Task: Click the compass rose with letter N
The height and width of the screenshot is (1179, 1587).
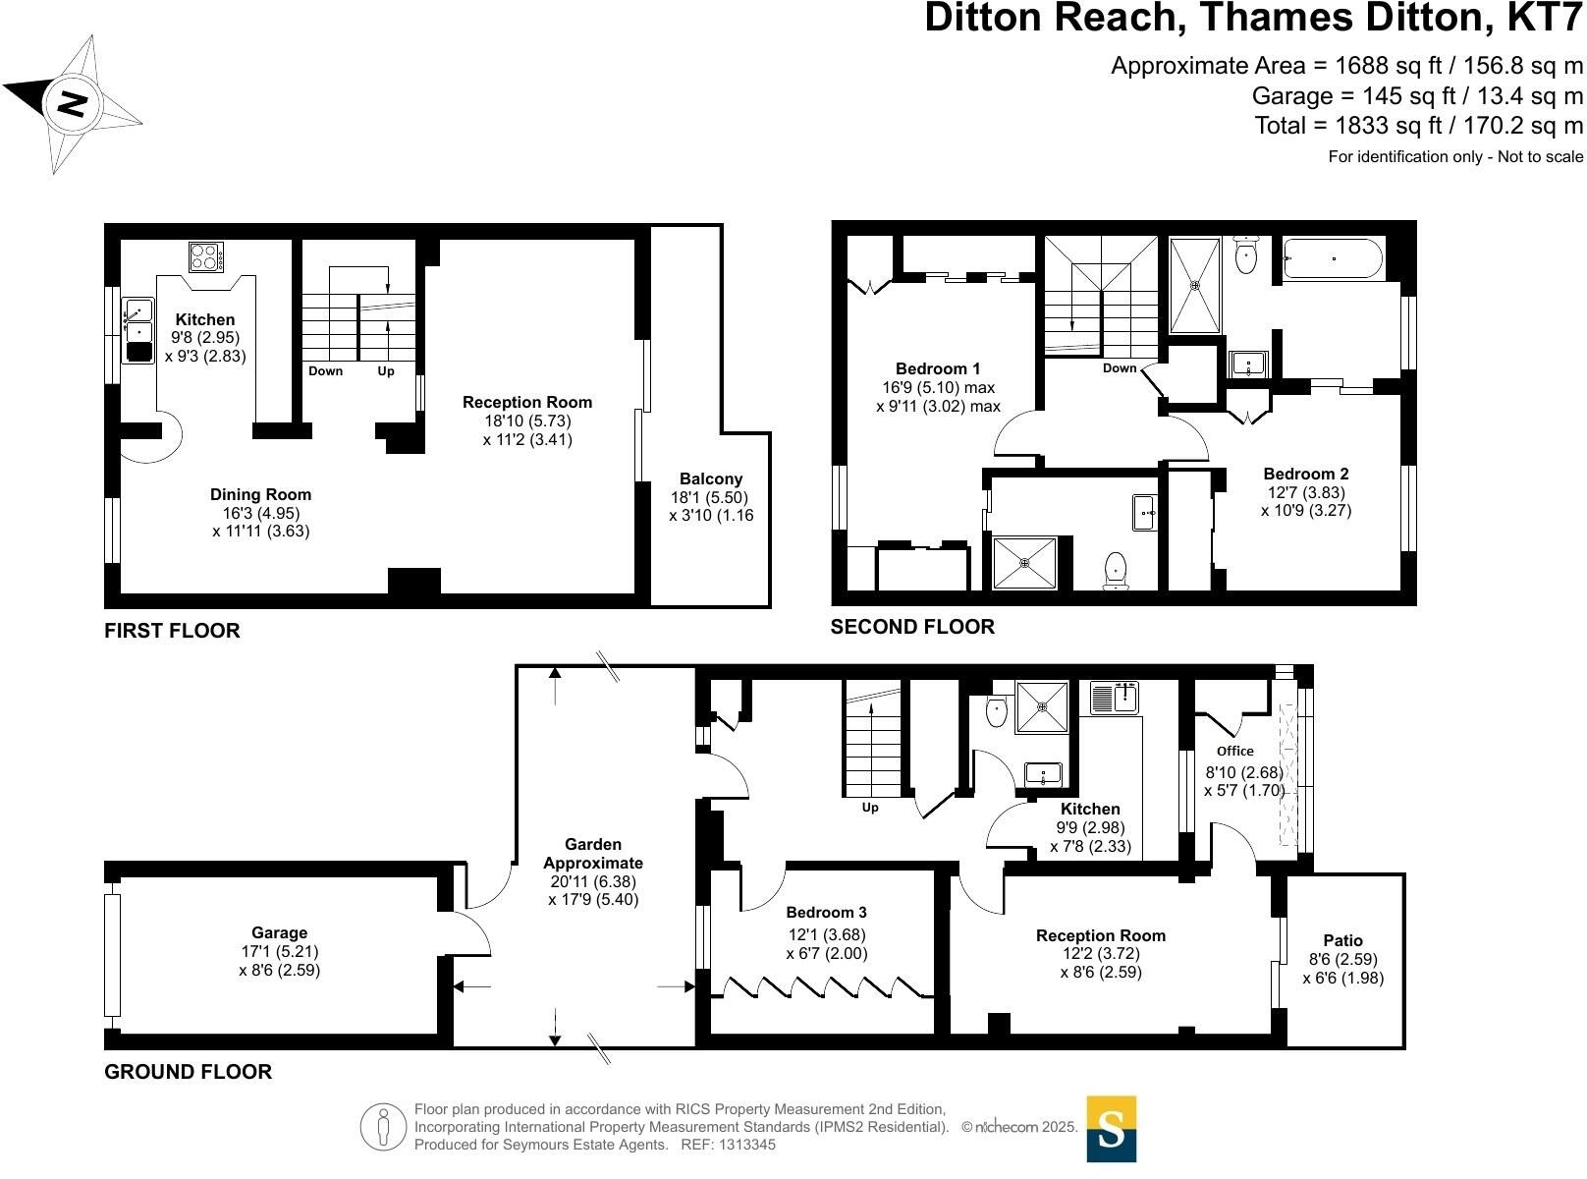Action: (x=72, y=103)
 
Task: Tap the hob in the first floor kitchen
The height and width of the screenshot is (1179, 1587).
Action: (x=205, y=257)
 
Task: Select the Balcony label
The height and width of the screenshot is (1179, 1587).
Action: (x=712, y=479)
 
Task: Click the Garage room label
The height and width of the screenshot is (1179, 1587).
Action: (x=279, y=933)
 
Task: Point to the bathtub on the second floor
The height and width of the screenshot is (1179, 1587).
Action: (x=1333, y=258)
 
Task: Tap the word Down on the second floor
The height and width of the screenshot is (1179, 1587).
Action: (x=1120, y=368)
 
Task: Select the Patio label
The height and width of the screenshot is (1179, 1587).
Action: (x=1342, y=940)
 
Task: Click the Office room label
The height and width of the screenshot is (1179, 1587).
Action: (x=1235, y=751)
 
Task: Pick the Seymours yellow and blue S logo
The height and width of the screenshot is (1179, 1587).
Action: (x=1111, y=1129)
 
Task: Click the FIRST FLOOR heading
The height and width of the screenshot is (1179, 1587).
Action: (x=172, y=631)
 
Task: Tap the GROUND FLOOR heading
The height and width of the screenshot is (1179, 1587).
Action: (x=188, y=1072)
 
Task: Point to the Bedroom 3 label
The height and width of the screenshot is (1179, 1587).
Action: (x=826, y=913)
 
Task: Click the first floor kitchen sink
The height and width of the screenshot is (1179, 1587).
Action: (x=137, y=329)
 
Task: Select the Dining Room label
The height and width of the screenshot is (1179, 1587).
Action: (x=260, y=495)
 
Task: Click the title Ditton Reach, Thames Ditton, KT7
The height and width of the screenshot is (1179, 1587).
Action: (x=1254, y=19)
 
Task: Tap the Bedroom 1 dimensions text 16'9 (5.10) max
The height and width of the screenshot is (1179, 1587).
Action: (x=937, y=387)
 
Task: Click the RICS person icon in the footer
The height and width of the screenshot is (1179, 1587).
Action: (x=383, y=1127)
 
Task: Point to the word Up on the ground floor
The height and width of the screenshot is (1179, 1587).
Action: (x=870, y=808)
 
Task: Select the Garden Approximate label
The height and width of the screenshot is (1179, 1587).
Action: (x=593, y=854)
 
